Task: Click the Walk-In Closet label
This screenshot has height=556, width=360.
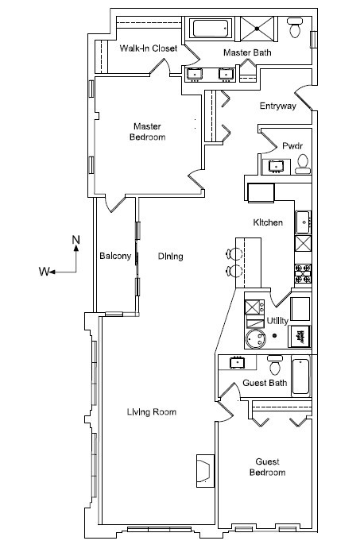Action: (x=149, y=48)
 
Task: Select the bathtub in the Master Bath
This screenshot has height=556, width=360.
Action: (x=210, y=29)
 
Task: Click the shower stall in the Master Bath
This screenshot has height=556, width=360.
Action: (x=257, y=29)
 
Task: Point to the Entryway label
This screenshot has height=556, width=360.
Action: (x=277, y=106)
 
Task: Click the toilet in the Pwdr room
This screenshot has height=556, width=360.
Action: (x=303, y=164)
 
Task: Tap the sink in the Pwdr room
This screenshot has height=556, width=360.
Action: (x=276, y=166)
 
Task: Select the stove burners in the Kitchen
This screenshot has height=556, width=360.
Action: (x=304, y=273)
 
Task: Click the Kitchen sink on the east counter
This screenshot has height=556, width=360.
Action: (x=304, y=222)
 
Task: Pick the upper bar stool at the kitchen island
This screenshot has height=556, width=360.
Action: (x=234, y=254)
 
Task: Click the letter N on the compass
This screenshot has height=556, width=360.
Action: (x=76, y=240)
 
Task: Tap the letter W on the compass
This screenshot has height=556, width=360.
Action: (x=44, y=272)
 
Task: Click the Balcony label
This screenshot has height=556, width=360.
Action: (x=115, y=256)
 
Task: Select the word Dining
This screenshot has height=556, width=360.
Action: (x=171, y=256)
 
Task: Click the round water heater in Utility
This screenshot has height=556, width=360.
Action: (x=257, y=338)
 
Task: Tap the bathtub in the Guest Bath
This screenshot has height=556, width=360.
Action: (x=300, y=376)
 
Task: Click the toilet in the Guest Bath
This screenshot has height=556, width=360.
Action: (x=275, y=365)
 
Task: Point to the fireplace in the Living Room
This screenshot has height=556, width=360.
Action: (x=205, y=470)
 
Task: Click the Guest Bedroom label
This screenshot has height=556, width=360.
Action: (x=268, y=467)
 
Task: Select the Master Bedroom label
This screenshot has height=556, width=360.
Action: (x=147, y=132)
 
